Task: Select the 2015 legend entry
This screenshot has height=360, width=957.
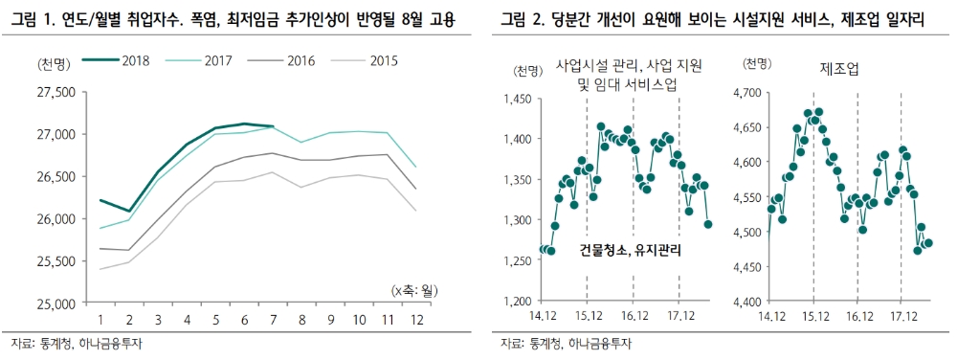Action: pos(364,60)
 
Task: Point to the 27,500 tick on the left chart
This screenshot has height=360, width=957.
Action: pos(56,93)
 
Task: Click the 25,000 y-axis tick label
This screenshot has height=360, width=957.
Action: pos(56,304)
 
